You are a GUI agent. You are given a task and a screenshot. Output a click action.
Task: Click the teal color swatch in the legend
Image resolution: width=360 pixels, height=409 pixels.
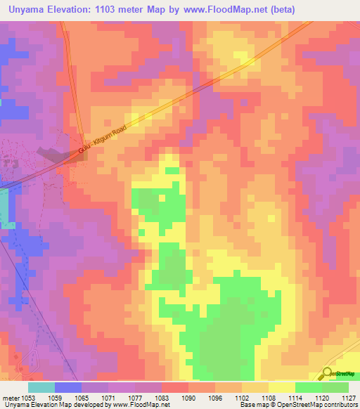(x=41, y=387)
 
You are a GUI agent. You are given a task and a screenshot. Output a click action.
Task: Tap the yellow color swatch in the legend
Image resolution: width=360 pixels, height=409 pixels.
(x=281, y=387)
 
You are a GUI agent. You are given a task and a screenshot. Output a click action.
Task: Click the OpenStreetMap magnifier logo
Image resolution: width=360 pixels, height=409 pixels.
(x=328, y=374)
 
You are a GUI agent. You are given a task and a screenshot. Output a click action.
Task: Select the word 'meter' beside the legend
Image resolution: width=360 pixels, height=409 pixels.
(x=11, y=397)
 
